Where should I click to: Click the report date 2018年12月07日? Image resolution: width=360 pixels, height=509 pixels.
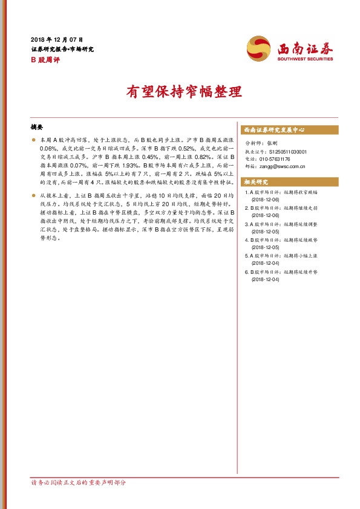(x=57, y=39)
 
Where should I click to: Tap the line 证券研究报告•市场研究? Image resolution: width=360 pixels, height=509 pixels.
(x=62, y=49)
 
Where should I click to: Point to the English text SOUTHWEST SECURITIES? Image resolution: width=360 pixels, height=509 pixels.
(x=305, y=59)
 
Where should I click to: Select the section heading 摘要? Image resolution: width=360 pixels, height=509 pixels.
(x=37, y=128)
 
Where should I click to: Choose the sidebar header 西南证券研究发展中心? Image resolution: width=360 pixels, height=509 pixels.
(x=273, y=130)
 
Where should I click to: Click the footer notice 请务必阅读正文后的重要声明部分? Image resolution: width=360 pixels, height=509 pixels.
(x=79, y=482)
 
